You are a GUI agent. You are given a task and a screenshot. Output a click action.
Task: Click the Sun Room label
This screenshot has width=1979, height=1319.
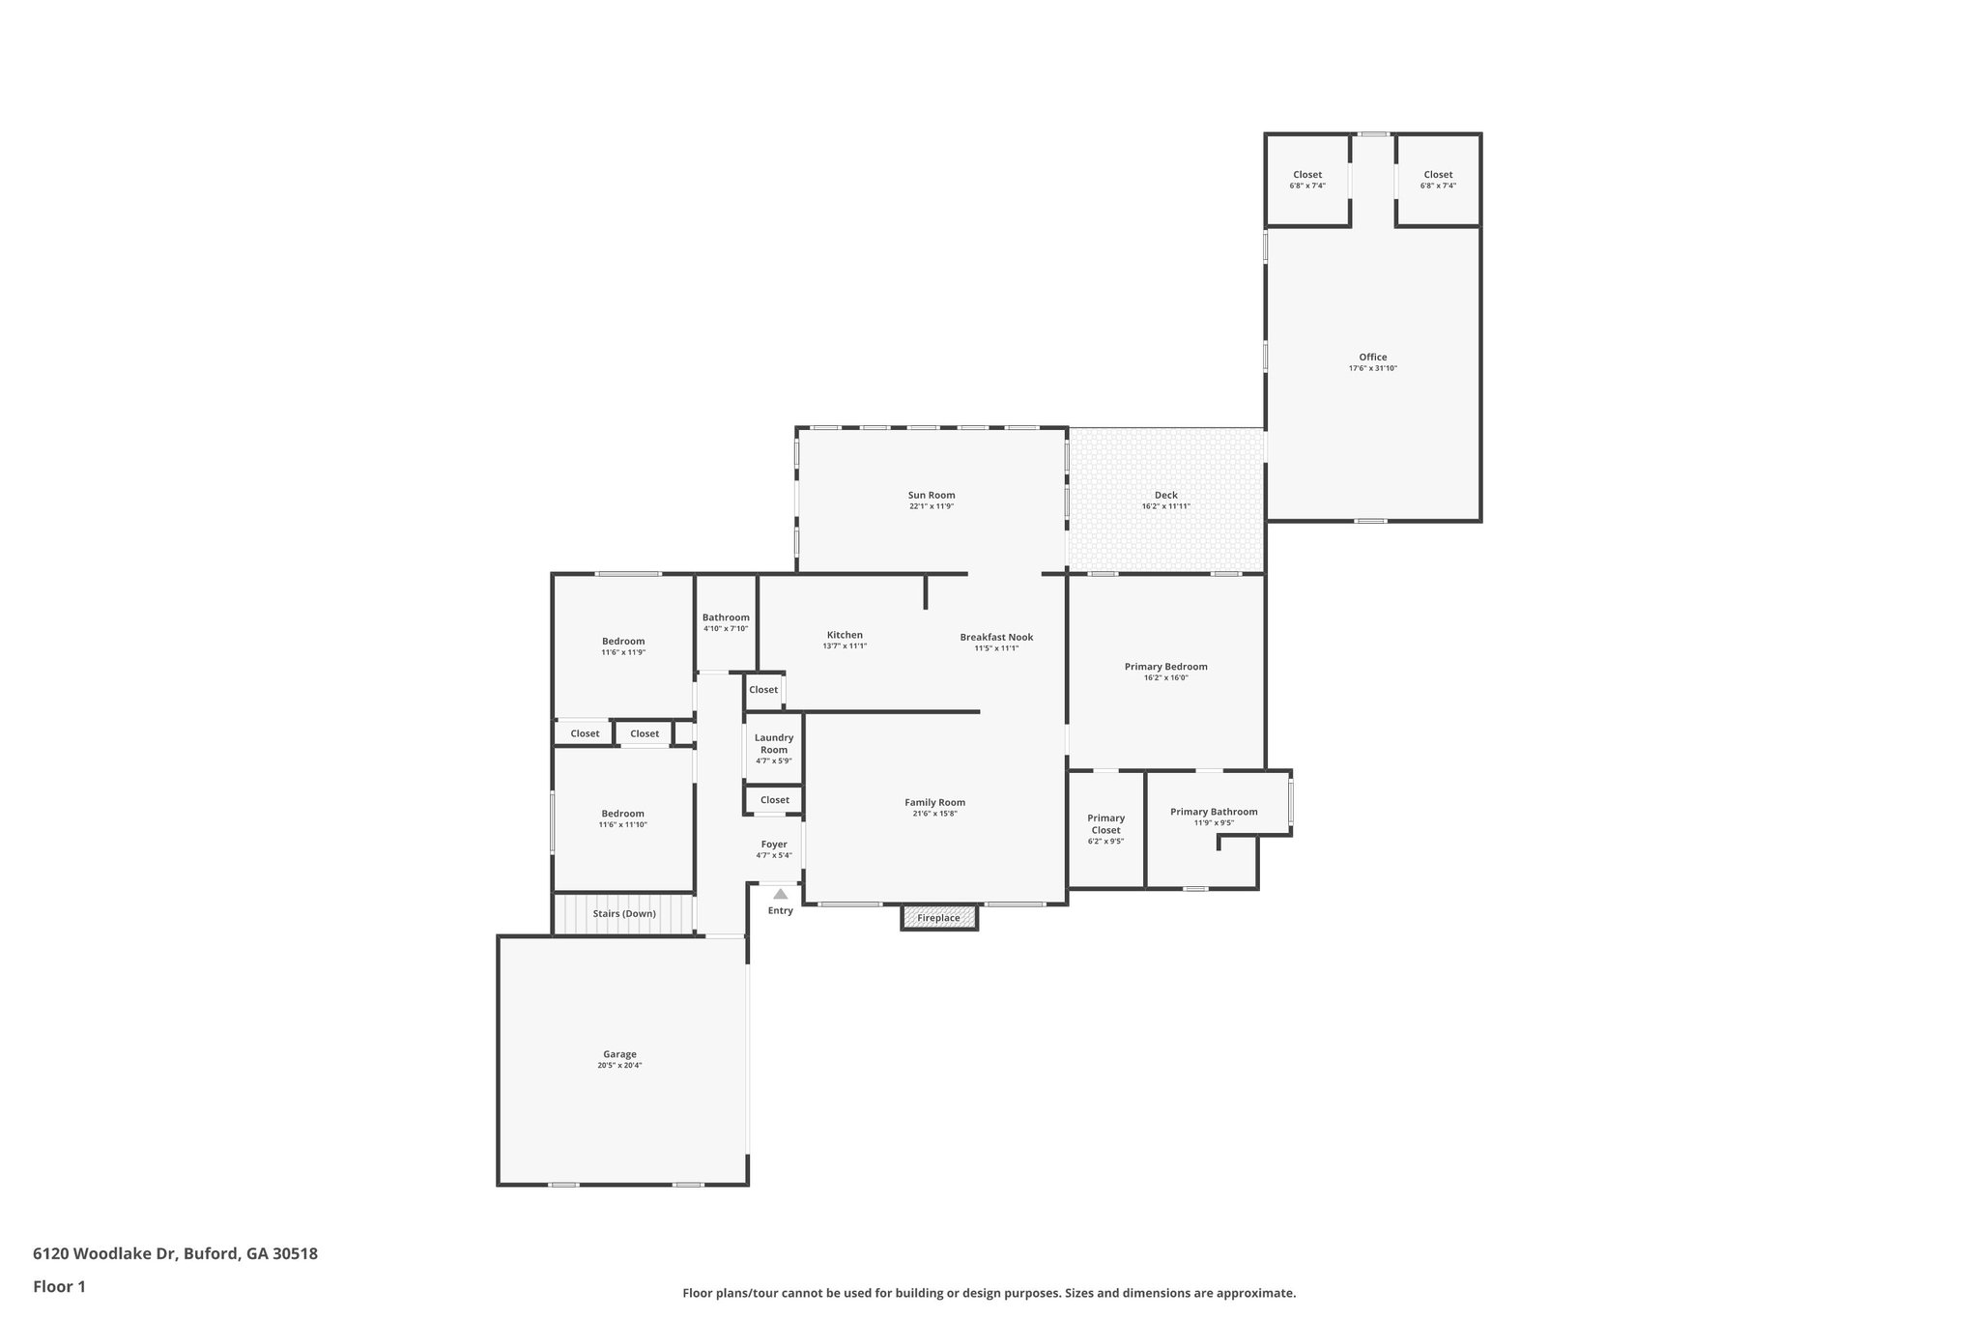(931, 495)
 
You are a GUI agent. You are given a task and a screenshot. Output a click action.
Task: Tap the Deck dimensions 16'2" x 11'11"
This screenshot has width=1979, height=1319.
(1165, 506)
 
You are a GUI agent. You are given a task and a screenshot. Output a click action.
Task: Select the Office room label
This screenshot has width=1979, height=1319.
(1372, 357)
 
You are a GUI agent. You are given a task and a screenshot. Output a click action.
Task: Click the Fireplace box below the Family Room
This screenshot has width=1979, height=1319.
(938, 918)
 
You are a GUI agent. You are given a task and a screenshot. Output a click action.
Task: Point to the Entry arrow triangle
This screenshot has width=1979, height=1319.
(780, 894)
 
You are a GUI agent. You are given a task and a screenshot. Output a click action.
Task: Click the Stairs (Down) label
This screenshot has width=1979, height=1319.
(624, 913)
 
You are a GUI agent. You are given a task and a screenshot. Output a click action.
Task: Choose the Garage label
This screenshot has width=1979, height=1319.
(619, 1054)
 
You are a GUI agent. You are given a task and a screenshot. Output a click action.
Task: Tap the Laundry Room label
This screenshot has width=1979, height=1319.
(774, 743)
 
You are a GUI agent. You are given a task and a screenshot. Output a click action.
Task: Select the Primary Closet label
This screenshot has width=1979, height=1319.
(1105, 823)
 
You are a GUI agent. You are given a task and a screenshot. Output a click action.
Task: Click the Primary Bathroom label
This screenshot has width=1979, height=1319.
(1214, 812)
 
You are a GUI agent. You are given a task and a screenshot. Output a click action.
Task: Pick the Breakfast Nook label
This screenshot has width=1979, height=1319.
(996, 637)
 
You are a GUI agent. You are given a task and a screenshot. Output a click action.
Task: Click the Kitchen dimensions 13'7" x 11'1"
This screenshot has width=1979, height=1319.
(845, 645)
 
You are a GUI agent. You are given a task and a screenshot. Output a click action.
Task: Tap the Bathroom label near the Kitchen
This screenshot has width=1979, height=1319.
(726, 617)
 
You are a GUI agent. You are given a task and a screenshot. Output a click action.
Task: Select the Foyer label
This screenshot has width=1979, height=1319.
(774, 844)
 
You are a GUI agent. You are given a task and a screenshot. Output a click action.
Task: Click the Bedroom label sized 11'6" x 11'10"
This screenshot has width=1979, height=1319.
(622, 814)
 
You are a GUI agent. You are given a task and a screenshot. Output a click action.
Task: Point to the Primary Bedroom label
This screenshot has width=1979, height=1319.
(1165, 666)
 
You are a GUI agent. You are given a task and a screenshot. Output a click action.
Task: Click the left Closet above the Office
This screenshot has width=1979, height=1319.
(1306, 175)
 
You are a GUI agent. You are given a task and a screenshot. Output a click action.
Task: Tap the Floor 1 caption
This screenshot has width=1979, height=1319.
(59, 1286)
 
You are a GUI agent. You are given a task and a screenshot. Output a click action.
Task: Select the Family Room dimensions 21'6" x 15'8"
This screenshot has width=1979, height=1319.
(934, 814)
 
